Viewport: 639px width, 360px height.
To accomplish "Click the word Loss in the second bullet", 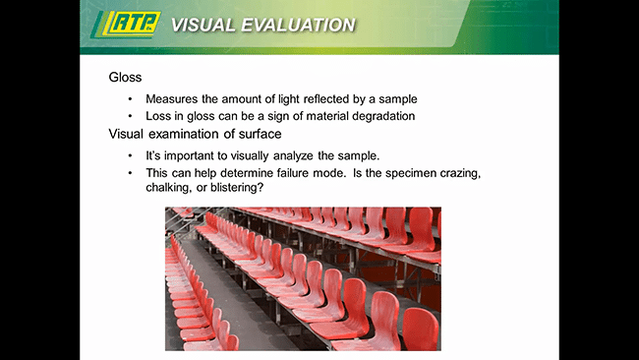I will click(x=159, y=116).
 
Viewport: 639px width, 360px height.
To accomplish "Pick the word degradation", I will click(x=378, y=116).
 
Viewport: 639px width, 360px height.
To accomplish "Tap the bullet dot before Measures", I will click(x=130, y=99).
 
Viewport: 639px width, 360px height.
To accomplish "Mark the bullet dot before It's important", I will click(x=130, y=156).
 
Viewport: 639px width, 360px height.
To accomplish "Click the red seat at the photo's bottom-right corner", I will click(x=420, y=330).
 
